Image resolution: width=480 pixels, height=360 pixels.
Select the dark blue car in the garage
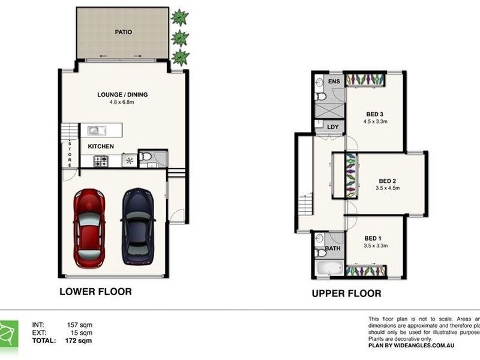point(139,227)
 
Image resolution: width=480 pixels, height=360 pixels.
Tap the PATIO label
point(124,32)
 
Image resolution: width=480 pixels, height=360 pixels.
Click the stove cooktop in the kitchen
point(100,160)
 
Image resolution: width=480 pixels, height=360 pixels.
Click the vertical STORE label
point(70,154)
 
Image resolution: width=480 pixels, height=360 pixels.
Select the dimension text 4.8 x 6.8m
point(122,102)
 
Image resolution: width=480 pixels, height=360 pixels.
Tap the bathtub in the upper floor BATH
point(329,268)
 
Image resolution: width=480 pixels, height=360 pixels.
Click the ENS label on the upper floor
point(334,81)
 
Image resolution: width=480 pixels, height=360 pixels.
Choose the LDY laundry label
point(333,127)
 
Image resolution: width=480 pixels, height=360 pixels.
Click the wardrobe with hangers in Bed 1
point(366,271)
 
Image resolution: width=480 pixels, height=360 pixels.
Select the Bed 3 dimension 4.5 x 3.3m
point(375,121)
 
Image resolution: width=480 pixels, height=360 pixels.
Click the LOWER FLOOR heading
point(95,292)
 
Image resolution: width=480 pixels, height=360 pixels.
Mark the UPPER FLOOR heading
point(345,293)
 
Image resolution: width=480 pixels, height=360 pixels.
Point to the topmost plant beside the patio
point(178,17)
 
